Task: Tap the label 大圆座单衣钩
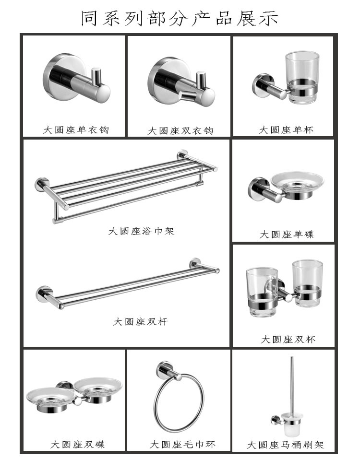point(76,130)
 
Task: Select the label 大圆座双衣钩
point(180,131)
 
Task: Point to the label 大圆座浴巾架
point(141,231)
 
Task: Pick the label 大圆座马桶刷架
point(285,445)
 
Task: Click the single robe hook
point(76,79)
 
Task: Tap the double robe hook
point(178,82)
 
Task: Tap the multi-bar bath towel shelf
point(125,185)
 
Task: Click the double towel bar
point(127,285)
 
